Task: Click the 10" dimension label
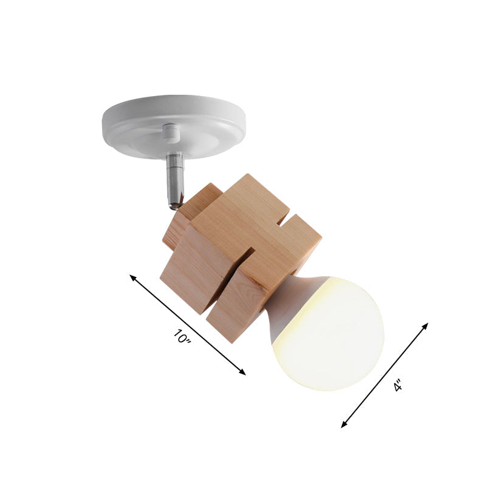pos(182,337)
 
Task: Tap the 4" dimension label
pos(398,385)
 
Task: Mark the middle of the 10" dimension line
pos(188,324)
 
